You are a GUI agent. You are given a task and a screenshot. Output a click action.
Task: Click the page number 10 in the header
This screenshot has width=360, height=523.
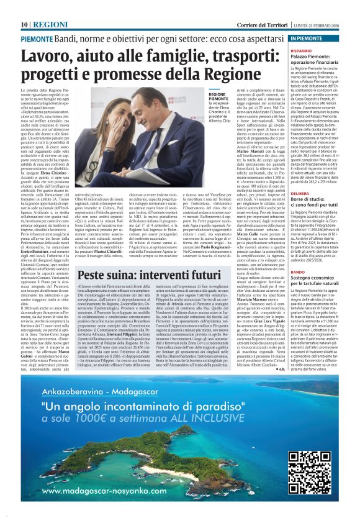[24, 24]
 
